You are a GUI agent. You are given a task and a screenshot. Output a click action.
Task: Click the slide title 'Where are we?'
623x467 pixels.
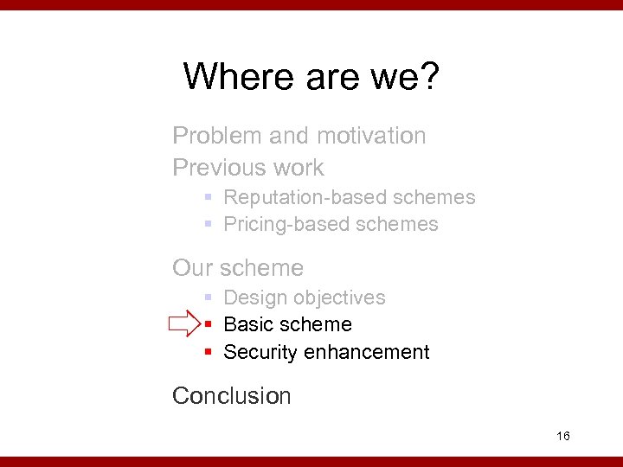[x=311, y=77]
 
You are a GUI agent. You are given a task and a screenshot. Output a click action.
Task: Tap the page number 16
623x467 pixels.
[x=563, y=436]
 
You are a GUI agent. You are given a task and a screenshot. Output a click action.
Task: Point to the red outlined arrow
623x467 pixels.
[x=184, y=325]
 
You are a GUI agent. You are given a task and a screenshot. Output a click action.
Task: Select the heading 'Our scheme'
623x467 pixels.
[x=238, y=268]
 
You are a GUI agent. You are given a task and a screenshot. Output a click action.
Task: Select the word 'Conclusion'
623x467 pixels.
[x=232, y=396]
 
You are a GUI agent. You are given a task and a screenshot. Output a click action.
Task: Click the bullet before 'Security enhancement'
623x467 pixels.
[x=209, y=353]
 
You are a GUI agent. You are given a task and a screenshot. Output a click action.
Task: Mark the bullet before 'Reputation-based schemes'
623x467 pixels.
[x=209, y=198]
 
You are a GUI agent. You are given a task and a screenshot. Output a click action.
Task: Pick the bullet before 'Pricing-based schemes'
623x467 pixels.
[x=209, y=225]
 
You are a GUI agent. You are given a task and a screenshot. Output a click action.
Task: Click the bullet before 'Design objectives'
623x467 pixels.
[x=209, y=297]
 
